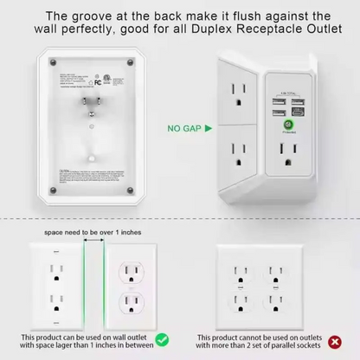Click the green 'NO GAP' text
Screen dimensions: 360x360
(x=183, y=128)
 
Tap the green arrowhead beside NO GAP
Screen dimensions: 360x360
(x=209, y=128)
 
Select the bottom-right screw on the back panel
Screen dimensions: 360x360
(x=129, y=188)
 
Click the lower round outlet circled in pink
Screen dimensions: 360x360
(x=132, y=305)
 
